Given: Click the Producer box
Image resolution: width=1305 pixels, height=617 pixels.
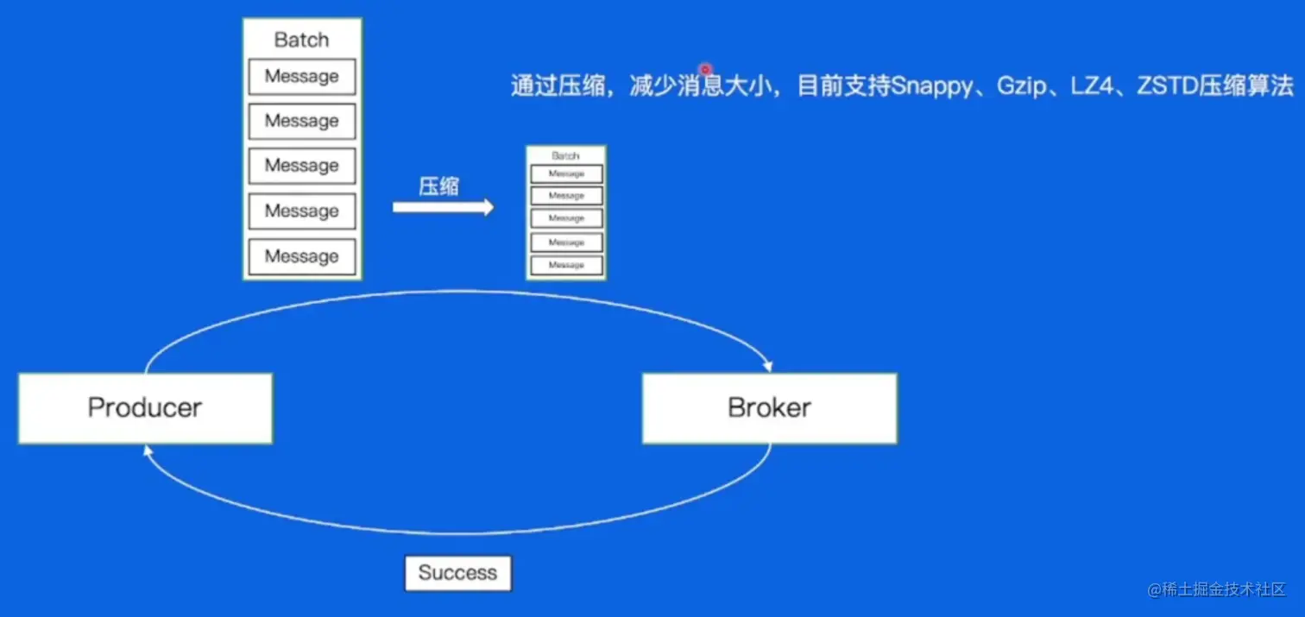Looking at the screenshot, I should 145,408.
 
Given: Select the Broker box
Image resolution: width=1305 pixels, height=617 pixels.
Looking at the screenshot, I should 769,408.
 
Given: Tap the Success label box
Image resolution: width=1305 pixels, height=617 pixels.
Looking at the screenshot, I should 457,573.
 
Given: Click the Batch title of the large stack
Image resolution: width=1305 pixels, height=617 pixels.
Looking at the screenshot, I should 301,40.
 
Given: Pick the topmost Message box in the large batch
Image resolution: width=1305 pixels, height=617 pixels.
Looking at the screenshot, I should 301,77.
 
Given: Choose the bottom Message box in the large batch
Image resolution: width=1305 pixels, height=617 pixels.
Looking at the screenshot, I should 301,256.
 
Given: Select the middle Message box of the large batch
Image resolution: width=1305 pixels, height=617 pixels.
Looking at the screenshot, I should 301,166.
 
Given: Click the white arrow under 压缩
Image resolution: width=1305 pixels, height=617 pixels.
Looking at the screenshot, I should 443,207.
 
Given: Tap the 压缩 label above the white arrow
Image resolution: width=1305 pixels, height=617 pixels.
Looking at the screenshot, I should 438,186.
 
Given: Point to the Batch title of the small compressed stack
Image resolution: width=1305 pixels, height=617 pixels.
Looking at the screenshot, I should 565,156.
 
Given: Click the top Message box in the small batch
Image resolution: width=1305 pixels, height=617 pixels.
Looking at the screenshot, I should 566,174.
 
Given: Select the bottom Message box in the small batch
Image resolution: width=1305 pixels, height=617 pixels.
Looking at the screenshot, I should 566,265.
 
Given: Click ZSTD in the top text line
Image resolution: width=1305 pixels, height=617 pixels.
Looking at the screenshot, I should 1167,87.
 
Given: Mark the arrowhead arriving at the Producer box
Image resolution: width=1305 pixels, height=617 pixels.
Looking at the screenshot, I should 148,450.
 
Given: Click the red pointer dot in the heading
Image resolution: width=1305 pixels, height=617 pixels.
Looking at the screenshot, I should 705,69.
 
